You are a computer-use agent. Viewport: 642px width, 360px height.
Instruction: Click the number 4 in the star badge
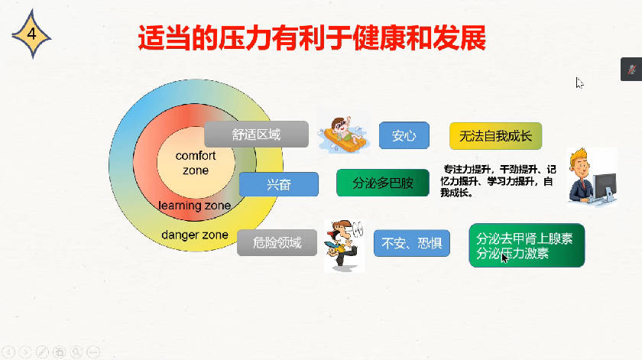[31, 34]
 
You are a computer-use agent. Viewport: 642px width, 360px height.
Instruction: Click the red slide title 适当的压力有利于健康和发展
[312, 37]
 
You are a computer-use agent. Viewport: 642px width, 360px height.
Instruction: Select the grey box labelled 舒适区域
[256, 134]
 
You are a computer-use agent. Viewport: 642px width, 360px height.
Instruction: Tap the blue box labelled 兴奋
[278, 184]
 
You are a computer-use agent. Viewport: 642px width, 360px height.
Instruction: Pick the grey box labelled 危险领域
[277, 242]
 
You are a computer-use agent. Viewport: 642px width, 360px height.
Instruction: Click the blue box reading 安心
[404, 135]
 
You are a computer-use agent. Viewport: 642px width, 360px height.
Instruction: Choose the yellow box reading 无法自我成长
[495, 135]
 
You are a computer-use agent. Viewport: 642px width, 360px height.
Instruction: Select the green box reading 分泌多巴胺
[383, 183]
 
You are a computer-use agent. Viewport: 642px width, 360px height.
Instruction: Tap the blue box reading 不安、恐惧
[411, 243]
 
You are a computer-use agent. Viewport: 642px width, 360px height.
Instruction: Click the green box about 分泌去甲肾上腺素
[527, 245]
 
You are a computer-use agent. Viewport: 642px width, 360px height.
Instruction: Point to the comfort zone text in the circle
[196, 163]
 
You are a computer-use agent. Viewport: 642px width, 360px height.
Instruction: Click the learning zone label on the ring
[194, 205]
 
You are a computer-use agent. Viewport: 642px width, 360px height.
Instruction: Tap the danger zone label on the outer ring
[194, 235]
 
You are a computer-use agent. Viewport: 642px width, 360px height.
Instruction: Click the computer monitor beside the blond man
[605, 187]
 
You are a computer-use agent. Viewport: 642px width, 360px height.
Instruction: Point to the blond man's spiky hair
[579, 156]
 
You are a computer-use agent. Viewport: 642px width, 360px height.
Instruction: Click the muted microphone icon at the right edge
[631, 70]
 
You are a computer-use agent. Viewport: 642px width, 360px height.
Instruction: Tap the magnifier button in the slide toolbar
[76, 352]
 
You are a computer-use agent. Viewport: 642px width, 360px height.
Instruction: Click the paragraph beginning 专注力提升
[498, 180]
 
